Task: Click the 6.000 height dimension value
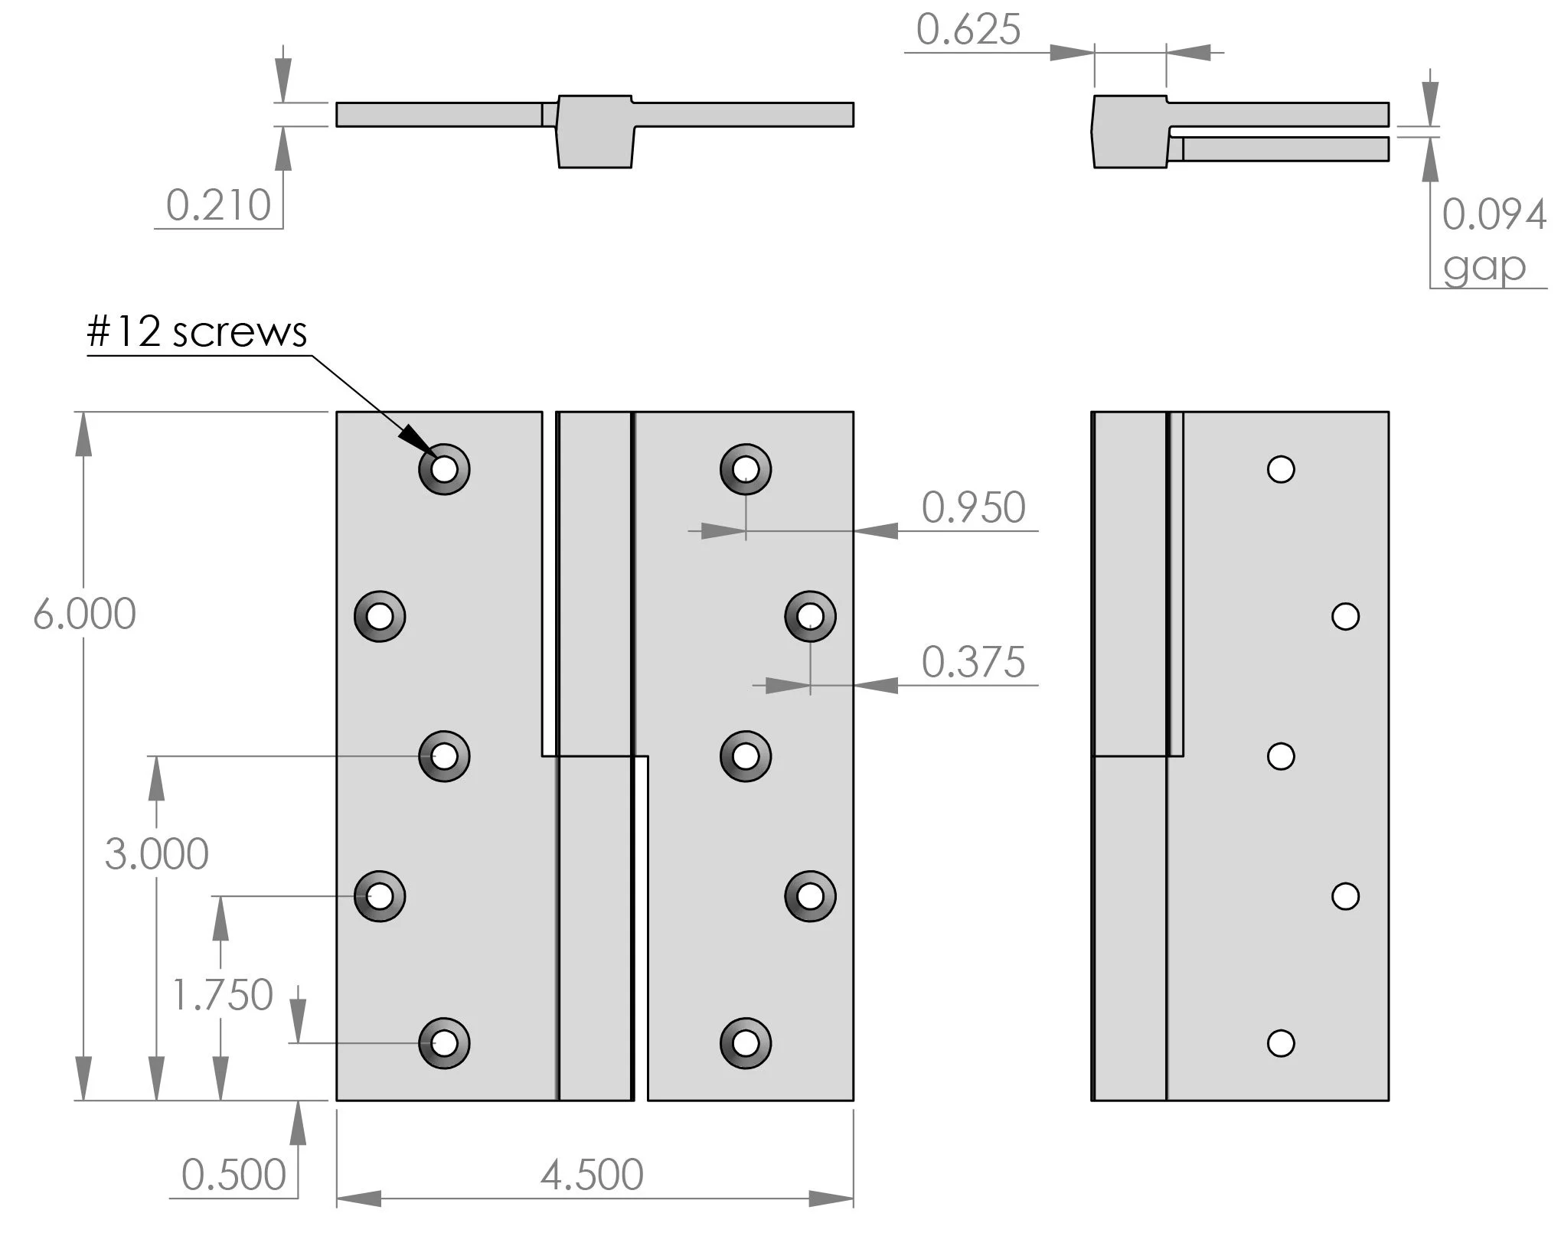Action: tap(84, 614)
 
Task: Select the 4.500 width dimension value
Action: tap(592, 1175)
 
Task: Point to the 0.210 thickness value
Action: tap(218, 206)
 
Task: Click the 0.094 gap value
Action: tap(1494, 214)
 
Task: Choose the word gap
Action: tap(1484, 267)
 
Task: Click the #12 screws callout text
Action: tap(197, 332)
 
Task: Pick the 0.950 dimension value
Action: tap(973, 507)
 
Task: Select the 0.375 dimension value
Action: tap(973, 662)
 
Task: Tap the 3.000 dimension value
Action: tap(156, 854)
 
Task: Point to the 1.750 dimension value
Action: tap(222, 995)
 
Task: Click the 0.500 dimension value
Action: tap(233, 1175)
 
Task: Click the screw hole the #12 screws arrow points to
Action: tap(444, 469)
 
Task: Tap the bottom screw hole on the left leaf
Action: tap(444, 1042)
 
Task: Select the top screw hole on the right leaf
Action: tap(746, 469)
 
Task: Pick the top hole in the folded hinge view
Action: tap(1281, 469)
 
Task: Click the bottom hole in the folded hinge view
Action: tap(1281, 1042)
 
